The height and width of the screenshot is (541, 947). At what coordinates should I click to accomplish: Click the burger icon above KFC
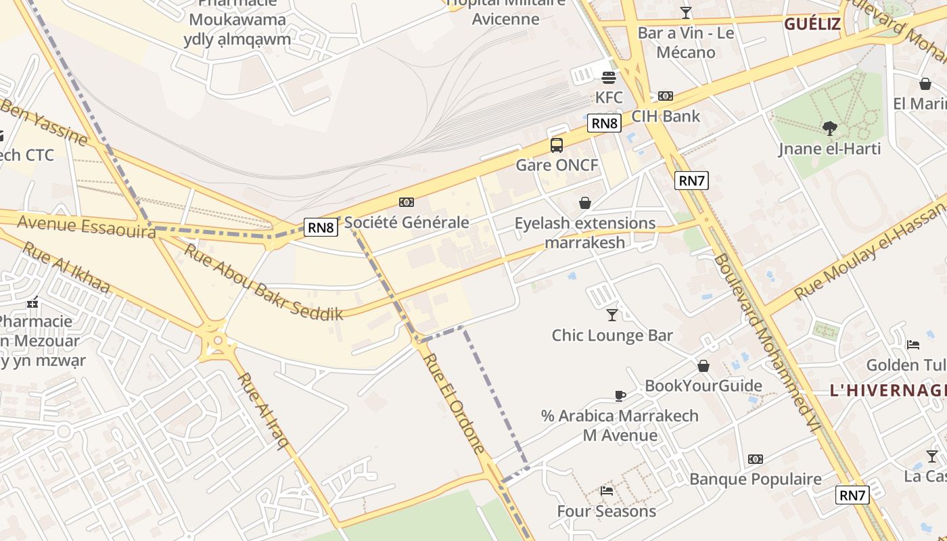(608, 77)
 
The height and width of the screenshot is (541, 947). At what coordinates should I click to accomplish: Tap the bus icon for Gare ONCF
(557, 145)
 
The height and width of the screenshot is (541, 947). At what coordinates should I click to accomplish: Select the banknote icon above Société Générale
(407, 202)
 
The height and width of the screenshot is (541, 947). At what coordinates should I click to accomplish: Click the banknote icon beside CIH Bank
(666, 96)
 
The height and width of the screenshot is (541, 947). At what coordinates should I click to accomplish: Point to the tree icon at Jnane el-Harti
(829, 128)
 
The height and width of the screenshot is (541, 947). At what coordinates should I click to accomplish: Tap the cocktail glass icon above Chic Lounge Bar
(612, 314)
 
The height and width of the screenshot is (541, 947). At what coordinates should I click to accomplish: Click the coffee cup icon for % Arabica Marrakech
(620, 396)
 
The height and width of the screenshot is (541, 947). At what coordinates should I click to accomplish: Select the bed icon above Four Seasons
(607, 491)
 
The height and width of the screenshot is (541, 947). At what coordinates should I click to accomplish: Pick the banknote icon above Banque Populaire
(756, 459)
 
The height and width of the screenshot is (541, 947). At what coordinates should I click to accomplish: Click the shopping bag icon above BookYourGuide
(703, 366)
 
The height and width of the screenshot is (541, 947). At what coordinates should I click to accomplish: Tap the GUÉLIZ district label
(812, 25)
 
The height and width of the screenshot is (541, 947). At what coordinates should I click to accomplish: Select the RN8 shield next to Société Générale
(321, 227)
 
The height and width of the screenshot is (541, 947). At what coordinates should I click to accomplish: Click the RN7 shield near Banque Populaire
(852, 495)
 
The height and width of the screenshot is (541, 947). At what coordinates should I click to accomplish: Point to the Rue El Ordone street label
(454, 403)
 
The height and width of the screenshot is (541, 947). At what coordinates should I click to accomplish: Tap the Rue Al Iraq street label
(264, 410)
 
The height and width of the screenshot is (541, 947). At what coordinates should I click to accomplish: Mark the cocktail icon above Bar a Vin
(686, 12)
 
